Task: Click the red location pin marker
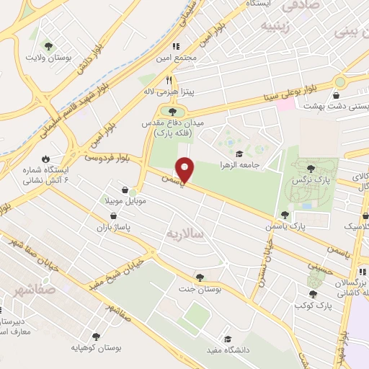(x=185, y=169)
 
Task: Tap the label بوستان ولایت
(x=48, y=56)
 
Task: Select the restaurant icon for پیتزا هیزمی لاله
(x=169, y=81)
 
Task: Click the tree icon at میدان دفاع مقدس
(x=172, y=111)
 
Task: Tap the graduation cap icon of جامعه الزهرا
(x=239, y=153)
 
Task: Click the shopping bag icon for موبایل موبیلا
(x=126, y=190)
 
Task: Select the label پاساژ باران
(x=115, y=227)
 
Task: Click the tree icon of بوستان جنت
(x=199, y=277)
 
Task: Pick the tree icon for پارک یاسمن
(x=285, y=215)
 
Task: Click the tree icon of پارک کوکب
(x=313, y=294)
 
